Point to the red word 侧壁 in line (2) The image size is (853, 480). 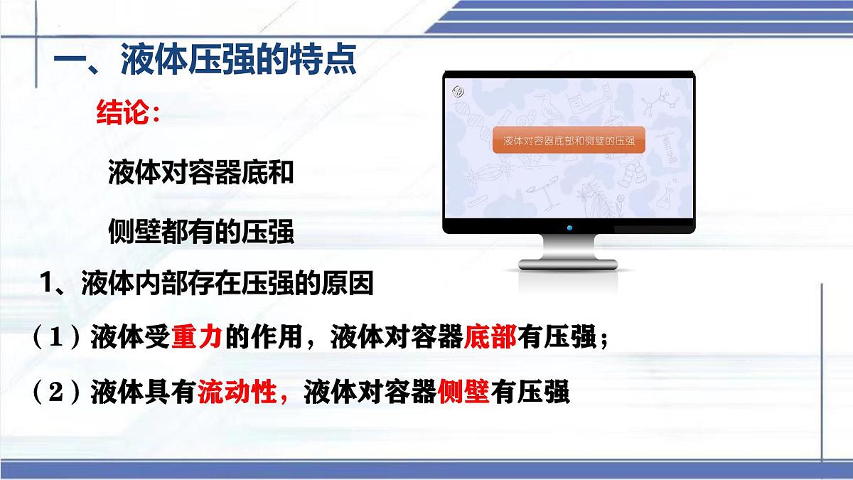coord(464,393)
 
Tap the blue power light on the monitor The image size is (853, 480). coord(569,228)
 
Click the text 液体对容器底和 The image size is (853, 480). coord(201,174)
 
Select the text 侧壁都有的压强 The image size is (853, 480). coord(201,232)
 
